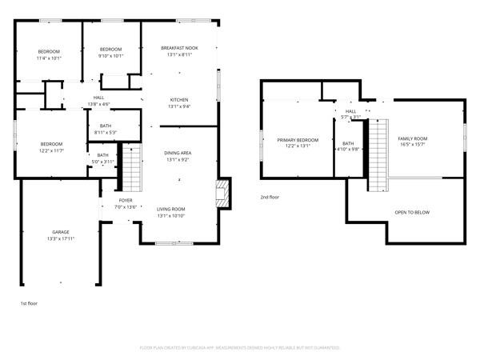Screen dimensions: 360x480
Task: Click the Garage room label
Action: (60, 232)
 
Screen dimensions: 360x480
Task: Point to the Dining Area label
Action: (177, 153)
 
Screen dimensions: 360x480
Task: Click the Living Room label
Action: (170, 209)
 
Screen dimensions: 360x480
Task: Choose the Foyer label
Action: (126, 200)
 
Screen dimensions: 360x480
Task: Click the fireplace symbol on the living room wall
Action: (222, 193)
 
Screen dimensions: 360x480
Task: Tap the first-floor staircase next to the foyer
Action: (130, 167)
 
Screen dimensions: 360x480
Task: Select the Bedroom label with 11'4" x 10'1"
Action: (49, 52)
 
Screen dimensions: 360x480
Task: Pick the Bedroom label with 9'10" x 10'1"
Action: (110, 50)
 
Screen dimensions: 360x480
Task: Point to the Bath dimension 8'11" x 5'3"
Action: (106, 133)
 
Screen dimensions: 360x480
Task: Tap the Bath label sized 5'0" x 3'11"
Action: (102, 155)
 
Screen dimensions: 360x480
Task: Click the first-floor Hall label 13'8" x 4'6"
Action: (98, 98)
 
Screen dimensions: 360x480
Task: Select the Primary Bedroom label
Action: (298, 140)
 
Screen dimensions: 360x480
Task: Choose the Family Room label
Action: (413, 138)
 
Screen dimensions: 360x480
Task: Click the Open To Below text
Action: (412, 212)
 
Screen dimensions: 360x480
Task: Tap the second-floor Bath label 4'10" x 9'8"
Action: (348, 143)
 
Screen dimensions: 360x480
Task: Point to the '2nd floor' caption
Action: (270, 197)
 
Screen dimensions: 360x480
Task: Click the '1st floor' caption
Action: (29, 303)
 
